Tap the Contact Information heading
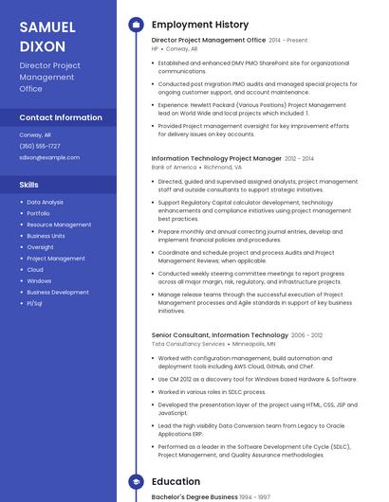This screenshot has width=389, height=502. click(x=61, y=117)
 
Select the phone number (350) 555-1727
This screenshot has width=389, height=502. click(x=40, y=146)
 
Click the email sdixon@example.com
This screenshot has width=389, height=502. click(x=49, y=157)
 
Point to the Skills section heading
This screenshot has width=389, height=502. click(x=29, y=185)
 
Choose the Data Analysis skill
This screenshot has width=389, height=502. click(x=45, y=202)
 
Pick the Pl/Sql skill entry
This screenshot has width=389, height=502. click(x=35, y=303)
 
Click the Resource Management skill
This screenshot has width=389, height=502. click(x=59, y=224)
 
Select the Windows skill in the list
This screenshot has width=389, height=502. click(x=39, y=280)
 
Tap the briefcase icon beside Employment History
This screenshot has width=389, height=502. click(x=135, y=25)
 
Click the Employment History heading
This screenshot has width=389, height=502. click(x=200, y=25)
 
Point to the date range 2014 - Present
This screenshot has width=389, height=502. click(x=288, y=41)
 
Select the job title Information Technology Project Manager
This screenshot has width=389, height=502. click(x=216, y=159)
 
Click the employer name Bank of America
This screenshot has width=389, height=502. click(x=174, y=167)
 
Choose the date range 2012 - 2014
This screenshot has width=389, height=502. click(x=300, y=159)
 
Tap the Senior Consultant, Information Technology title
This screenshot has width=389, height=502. click(x=219, y=335)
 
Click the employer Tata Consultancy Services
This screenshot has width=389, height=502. click(x=188, y=344)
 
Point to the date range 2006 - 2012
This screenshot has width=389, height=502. click(x=307, y=335)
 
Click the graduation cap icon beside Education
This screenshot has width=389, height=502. click(x=135, y=482)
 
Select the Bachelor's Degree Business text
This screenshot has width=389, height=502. click(x=194, y=496)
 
